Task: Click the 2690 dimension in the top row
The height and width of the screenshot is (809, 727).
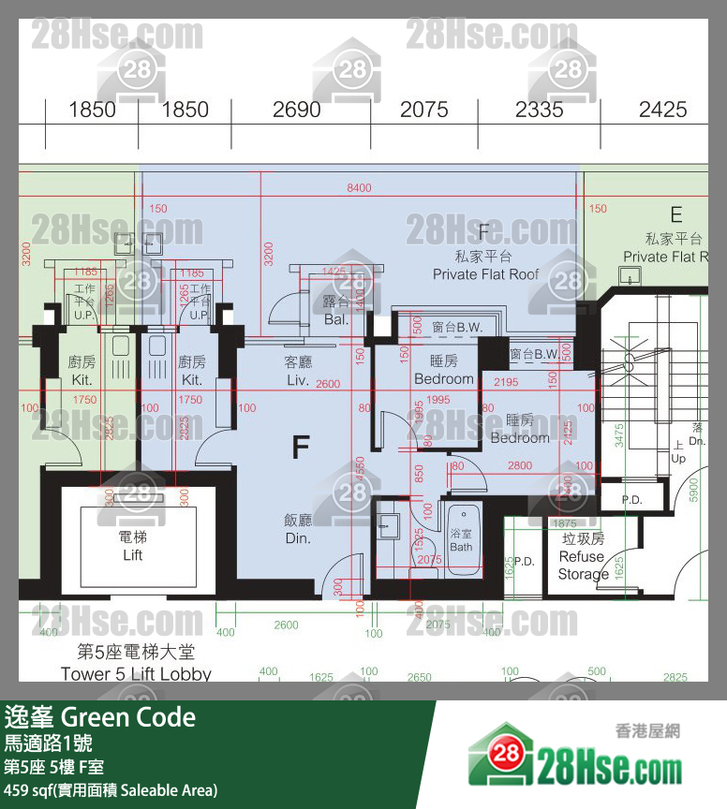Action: click(297, 110)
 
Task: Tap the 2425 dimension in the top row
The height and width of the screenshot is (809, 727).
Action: click(662, 110)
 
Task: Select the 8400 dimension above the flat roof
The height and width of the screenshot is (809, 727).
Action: click(359, 188)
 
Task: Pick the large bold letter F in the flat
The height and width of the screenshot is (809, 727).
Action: click(300, 448)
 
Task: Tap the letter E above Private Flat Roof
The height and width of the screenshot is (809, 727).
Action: click(675, 216)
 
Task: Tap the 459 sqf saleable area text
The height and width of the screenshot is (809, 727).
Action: click(111, 790)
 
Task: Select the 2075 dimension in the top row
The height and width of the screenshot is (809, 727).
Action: click(424, 110)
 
